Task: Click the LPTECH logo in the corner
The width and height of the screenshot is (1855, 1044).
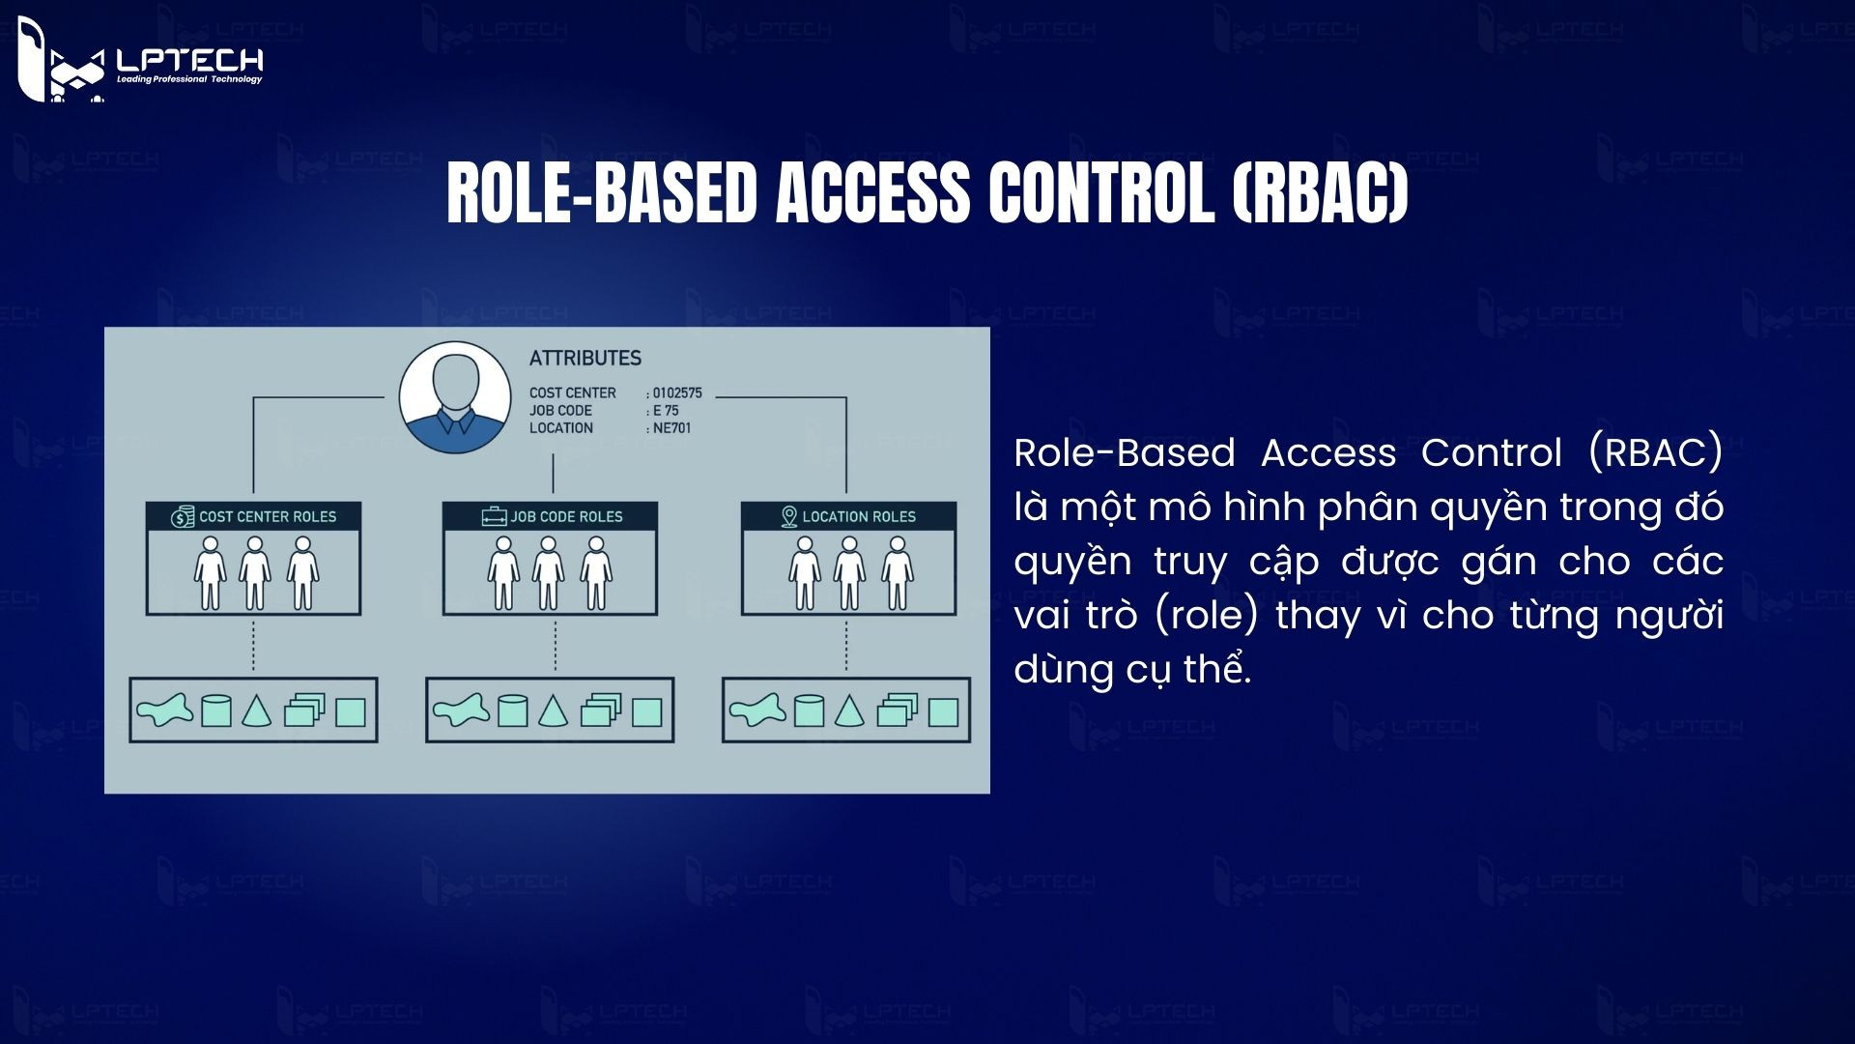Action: coord(140,61)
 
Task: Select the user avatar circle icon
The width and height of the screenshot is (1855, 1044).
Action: coord(455,397)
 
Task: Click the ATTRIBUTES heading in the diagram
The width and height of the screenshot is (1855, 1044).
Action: coord(585,359)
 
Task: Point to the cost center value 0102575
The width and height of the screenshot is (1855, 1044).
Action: coord(677,393)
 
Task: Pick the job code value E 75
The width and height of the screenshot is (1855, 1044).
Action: coord(666,411)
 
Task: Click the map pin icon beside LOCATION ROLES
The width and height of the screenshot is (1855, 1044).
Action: coord(788,517)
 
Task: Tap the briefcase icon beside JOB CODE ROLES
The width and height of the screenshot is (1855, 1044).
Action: coord(495,517)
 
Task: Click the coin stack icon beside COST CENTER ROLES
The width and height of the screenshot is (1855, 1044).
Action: coord(183,517)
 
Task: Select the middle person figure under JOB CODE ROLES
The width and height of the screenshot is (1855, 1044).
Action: coord(549,573)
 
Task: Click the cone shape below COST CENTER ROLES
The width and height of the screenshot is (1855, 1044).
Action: coord(255,711)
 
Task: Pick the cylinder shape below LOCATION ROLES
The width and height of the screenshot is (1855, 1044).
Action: coord(809,711)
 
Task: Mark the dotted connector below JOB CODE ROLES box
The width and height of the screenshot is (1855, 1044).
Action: coord(556,646)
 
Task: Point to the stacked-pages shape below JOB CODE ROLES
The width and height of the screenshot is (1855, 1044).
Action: coord(600,711)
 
